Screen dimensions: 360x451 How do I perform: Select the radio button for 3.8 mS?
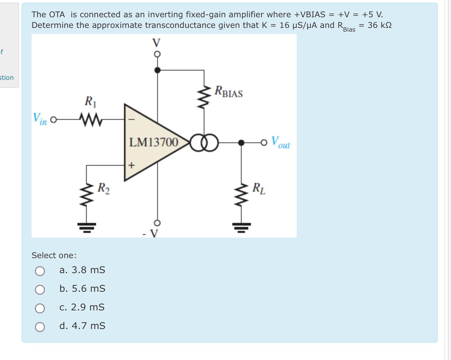pos(40,271)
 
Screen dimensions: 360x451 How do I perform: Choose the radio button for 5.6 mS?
pos(40,290)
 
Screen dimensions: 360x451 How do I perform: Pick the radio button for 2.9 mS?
pos(40,308)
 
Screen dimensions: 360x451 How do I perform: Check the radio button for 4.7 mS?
pos(40,327)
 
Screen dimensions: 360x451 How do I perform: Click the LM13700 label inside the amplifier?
pos(154,142)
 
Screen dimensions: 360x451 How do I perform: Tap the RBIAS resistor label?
pos(229,92)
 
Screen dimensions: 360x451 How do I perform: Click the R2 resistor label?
pos(103,188)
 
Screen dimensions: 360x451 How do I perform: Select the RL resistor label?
pos(259,188)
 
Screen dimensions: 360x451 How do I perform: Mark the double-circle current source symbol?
pos(204,143)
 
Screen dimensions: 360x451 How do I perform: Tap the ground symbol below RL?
pos(242,227)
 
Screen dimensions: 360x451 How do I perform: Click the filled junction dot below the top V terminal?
pos(158,70)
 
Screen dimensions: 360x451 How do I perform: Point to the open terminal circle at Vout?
pos(264,143)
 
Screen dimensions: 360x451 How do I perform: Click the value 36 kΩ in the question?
pos(380,25)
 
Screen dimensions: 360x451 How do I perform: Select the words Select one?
pos(54,256)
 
